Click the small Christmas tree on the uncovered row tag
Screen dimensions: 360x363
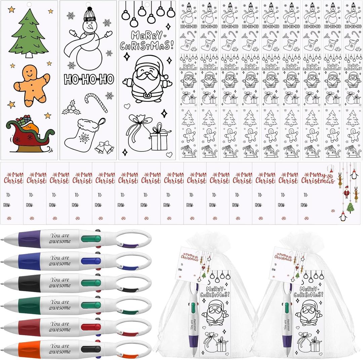point(350,207)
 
